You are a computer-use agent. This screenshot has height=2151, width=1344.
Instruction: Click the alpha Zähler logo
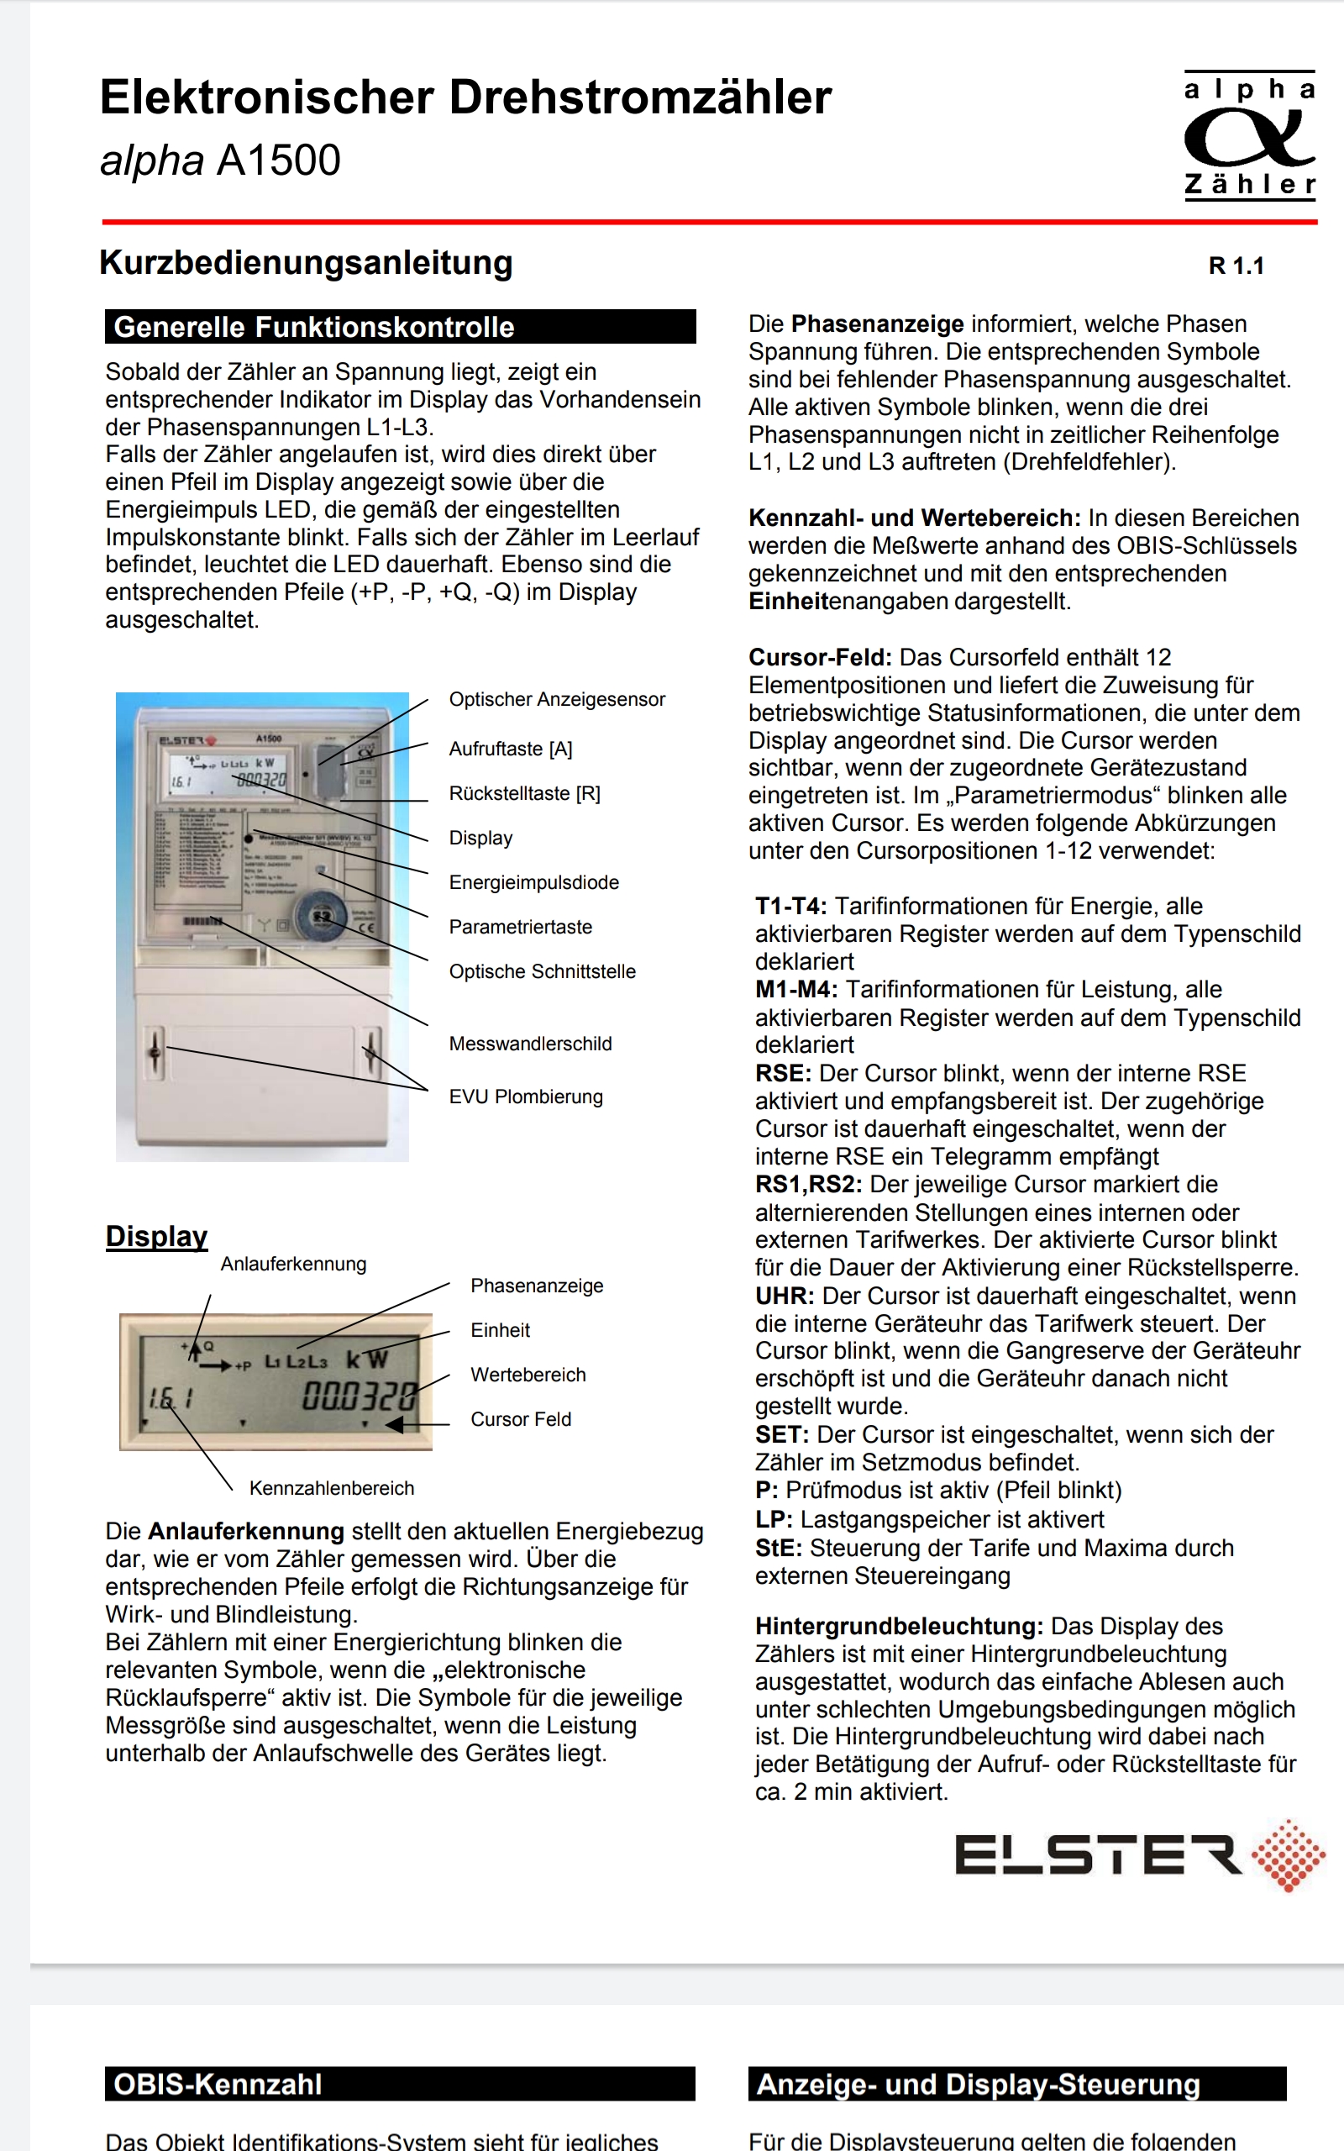pyautogui.click(x=1249, y=135)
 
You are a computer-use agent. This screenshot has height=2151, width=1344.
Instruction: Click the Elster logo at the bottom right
pyautogui.click(x=1140, y=1855)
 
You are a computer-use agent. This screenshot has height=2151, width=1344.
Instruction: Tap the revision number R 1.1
pyautogui.click(x=1236, y=266)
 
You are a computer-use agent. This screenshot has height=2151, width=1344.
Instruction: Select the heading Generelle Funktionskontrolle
pyautogui.click(x=314, y=327)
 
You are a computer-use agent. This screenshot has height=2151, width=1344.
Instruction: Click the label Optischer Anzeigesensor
pyautogui.click(x=556, y=700)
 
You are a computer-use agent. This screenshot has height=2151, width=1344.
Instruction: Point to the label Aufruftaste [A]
pyautogui.click(x=510, y=749)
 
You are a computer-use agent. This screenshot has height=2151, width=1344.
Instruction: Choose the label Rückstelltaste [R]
pyautogui.click(x=524, y=793)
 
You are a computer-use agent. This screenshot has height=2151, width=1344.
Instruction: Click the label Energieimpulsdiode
pyautogui.click(x=533, y=881)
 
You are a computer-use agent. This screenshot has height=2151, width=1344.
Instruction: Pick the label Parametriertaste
pyautogui.click(x=520, y=926)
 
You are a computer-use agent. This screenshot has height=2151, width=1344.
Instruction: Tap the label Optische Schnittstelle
pyautogui.click(x=543, y=970)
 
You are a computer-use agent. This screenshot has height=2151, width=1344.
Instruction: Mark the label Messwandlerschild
pyautogui.click(x=530, y=1044)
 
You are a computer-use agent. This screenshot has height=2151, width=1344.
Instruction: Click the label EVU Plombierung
pyautogui.click(x=525, y=1097)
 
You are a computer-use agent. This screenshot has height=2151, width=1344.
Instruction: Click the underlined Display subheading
pyautogui.click(x=156, y=1235)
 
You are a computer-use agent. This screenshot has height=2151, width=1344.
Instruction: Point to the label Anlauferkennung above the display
pyautogui.click(x=293, y=1264)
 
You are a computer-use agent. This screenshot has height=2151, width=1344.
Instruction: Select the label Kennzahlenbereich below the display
pyautogui.click(x=332, y=1488)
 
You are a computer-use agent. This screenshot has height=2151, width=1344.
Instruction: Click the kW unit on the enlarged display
pyautogui.click(x=367, y=1359)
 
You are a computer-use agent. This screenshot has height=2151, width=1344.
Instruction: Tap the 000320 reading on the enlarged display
pyautogui.click(x=358, y=1396)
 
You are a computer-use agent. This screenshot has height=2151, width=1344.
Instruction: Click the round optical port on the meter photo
pyautogui.click(x=321, y=917)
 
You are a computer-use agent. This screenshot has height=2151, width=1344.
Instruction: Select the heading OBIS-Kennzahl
pyautogui.click(x=218, y=2084)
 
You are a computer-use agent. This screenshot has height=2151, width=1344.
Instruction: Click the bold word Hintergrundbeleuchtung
pyautogui.click(x=899, y=1626)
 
